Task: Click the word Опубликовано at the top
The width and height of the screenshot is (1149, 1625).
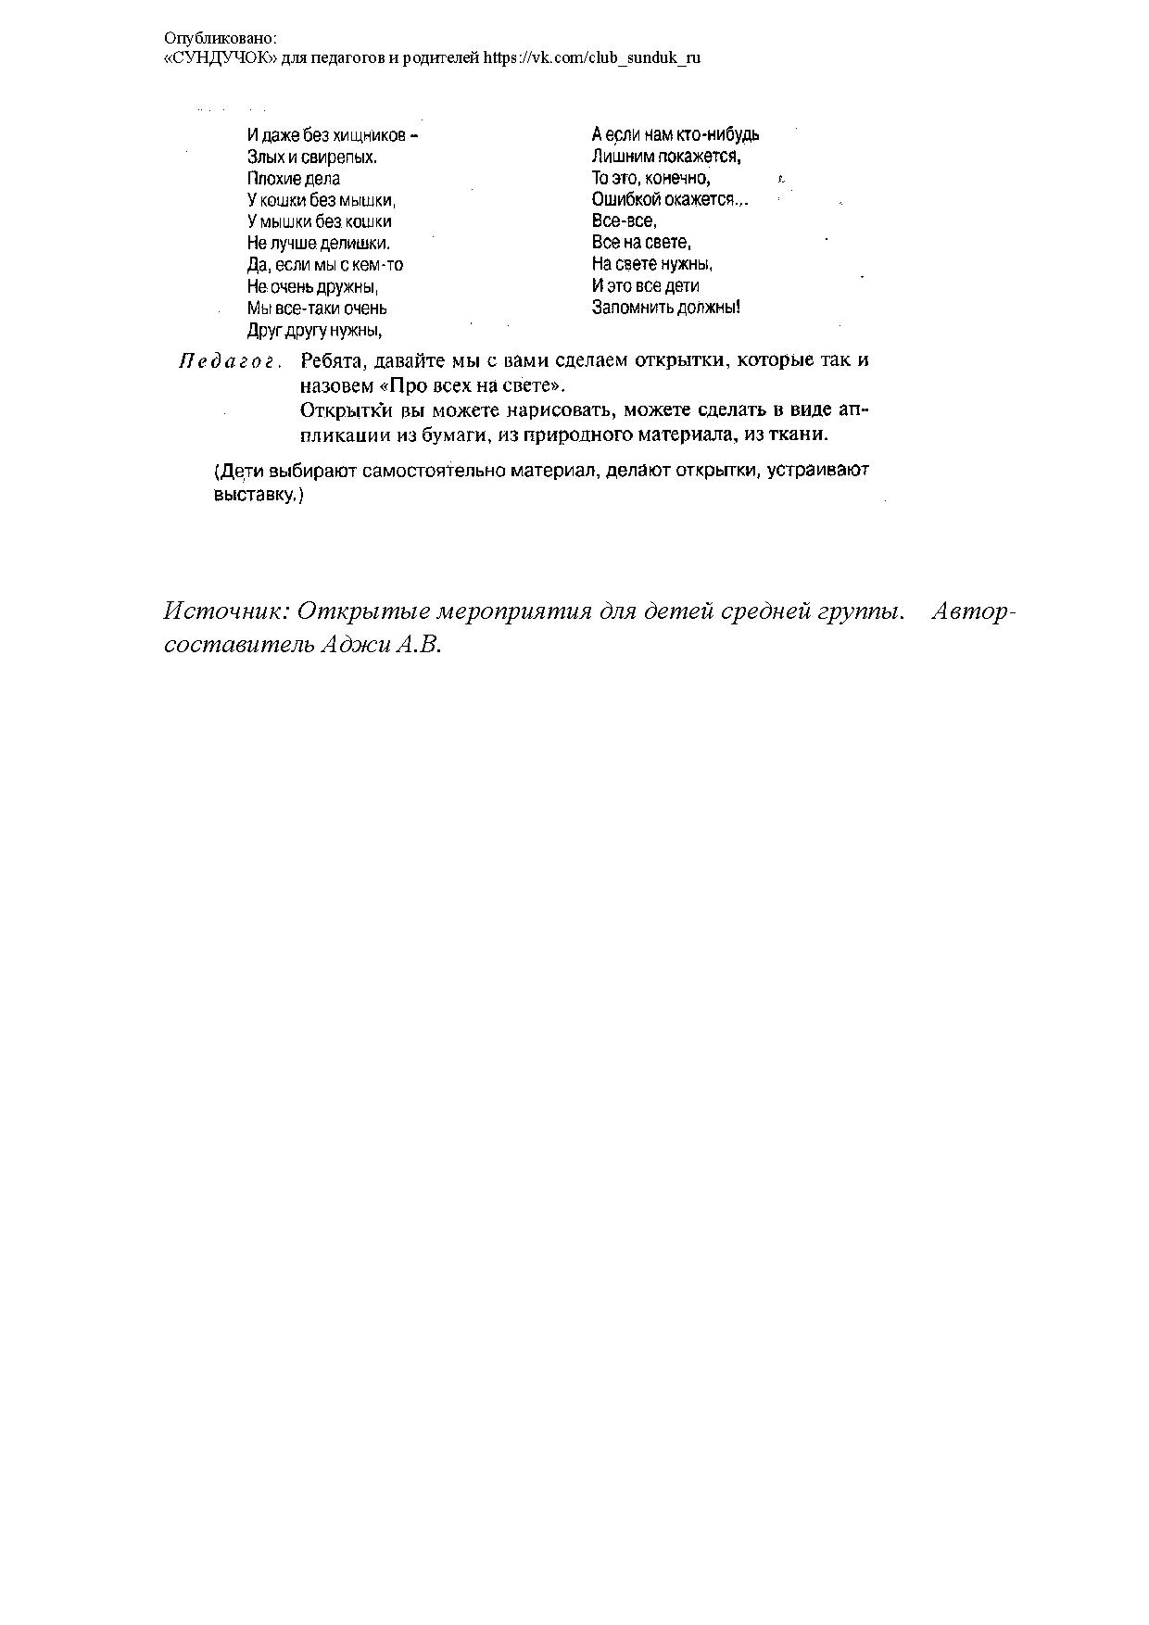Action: point(220,39)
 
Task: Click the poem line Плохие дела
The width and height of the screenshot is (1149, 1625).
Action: point(294,179)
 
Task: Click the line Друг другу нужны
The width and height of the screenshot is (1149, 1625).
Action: point(315,330)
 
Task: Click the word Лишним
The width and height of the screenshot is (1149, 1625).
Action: point(623,157)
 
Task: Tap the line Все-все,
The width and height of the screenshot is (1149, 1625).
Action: point(624,221)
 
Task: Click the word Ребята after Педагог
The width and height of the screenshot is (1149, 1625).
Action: point(328,360)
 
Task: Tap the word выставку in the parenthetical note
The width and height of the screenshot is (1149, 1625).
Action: point(255,496)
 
